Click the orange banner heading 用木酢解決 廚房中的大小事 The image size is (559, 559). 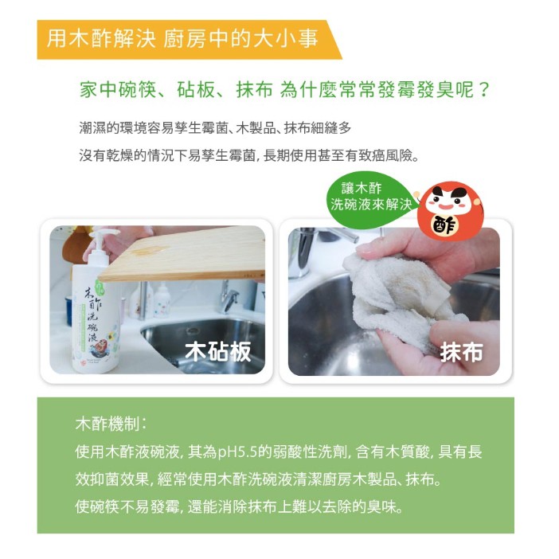pos(182,39)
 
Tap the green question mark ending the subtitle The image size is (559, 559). pos(484,89)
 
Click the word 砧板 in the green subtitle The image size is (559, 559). pos(196,89)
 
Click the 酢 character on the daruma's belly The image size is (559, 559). pos(444,225)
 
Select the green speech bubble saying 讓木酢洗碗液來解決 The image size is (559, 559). pos(372,197)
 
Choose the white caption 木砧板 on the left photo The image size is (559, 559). pos(218,351)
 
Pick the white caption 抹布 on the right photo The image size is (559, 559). pos(461,352)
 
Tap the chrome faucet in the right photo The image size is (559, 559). pos(314,249)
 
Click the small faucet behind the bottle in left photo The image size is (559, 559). pos(229,296)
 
